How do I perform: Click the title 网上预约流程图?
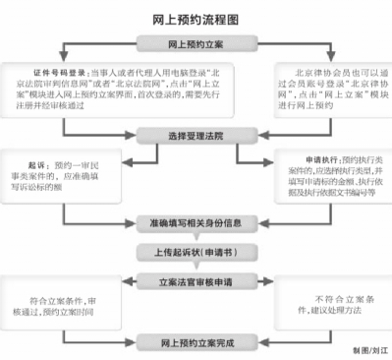coord(196,17)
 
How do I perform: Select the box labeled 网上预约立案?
coord(196,43)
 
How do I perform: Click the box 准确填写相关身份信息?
coord(196,222)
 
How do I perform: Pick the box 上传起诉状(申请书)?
coord(196,252)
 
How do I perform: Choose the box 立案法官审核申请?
coord(196,282)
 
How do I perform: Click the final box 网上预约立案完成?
coord(196,343)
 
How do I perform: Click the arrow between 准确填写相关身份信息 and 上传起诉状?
coord(196,237)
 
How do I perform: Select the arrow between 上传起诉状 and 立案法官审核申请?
coord(196,268)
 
